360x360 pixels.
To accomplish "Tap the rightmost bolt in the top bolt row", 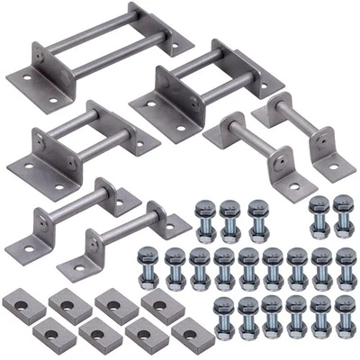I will point(343,216).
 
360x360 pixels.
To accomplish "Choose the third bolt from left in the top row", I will point(257,219).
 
